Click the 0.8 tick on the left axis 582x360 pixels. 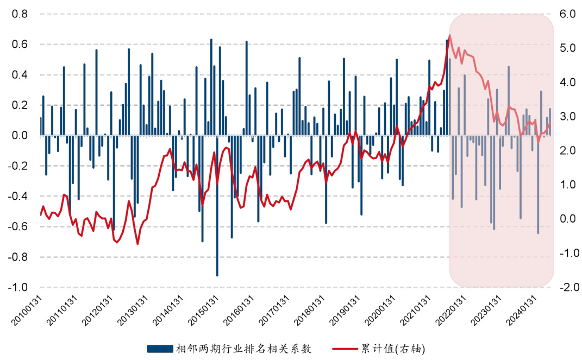click(20, 14)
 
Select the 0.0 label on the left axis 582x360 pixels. click(20, 136)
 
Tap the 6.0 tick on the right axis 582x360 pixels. click(566, 14)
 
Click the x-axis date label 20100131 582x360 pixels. click(27, 311)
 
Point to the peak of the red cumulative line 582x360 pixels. click(449, 36)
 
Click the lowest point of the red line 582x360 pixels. click(137, 244)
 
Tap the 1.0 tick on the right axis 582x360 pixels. click(566, 185)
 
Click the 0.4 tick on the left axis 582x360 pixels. click(20, 75)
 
